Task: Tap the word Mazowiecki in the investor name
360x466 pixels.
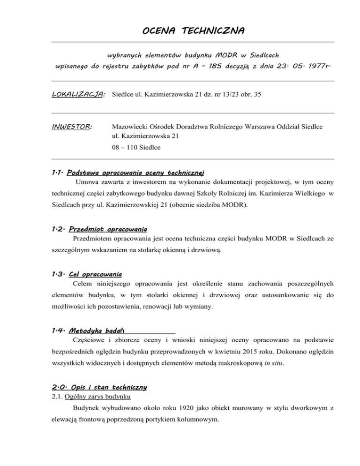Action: [x=132, y=127]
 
